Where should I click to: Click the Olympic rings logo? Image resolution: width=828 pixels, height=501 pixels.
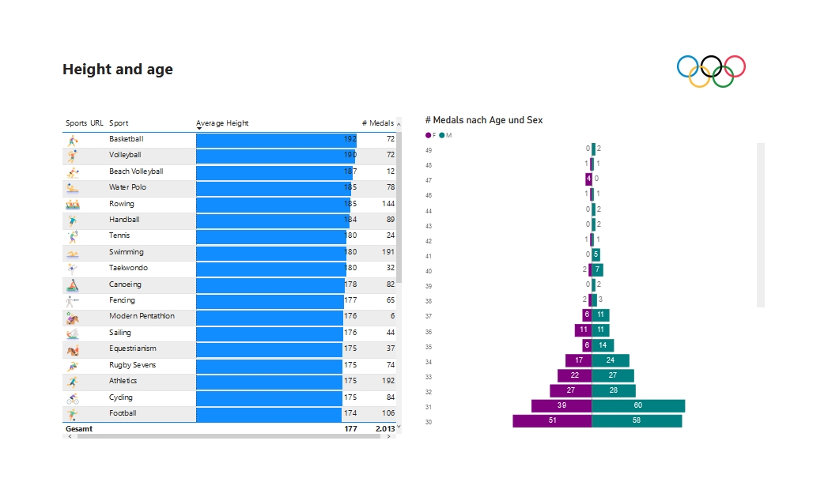click(x=711, y=71)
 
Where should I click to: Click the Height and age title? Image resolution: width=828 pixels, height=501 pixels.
click(x=118, y=70)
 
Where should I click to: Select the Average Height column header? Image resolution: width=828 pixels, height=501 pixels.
click(x=222, y=123)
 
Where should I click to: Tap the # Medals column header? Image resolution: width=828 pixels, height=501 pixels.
click(x=377, y=123)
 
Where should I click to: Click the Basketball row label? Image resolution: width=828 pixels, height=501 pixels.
click(x=126, y=139)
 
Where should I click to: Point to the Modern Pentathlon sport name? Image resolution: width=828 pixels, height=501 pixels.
click(x=142, y=316)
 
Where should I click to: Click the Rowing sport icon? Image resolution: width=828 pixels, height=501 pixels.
click(x=73, y=204)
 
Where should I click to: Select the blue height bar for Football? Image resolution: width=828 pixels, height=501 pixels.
click(x=269, y=414)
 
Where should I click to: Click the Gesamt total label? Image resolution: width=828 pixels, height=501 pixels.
click(x=79, y=429)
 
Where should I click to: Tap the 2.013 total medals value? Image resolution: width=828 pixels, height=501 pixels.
click(x=384, y=429)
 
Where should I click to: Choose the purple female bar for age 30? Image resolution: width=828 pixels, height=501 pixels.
click(x=552, y=421)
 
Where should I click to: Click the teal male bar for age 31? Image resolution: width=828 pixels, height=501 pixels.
click(x=638, y=406)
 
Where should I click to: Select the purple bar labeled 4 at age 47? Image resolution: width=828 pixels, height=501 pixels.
click(x=588, y=179)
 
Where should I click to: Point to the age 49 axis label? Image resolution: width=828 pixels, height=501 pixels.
click(x=429, y=149)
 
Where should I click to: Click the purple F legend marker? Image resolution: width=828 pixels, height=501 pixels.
click(x=428, y=136)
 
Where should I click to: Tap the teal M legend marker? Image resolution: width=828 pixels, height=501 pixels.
click(x=442, y=136)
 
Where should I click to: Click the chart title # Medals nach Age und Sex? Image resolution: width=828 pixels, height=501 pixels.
click(x=483, y=120)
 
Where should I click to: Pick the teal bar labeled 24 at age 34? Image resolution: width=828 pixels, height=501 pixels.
click(x=611, y=360)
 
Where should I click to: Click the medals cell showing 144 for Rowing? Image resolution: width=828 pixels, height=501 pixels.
click(x=385, y=204)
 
